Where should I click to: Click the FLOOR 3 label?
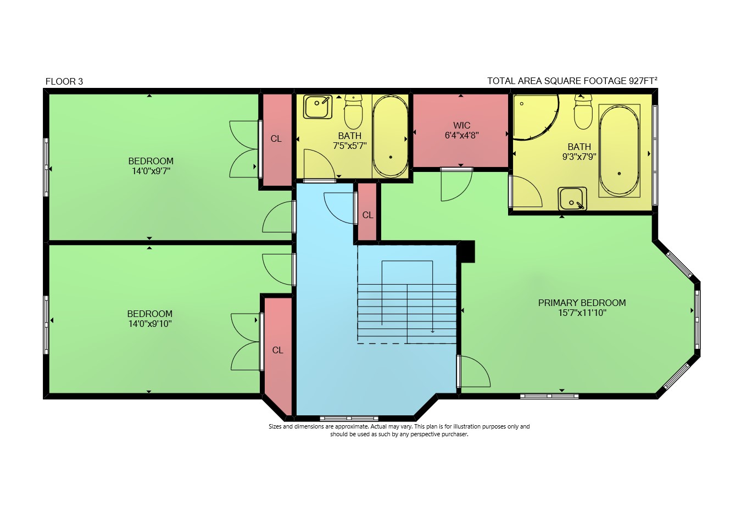[x=64, y=81]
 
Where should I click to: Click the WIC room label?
[x=462, y=125]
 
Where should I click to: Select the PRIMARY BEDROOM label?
[x=582, y=303]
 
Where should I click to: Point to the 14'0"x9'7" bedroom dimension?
[x=151, y=171]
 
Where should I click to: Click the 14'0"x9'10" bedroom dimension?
[x=150, y=324]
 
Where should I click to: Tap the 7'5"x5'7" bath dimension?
[x=350, y=146]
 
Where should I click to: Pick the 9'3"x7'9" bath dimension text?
[x=579, y=157]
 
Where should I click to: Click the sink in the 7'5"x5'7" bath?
[x=317, y=107]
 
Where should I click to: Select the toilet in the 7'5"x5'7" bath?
[x=353, y=112]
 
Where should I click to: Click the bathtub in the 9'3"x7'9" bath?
[x=619, y=151]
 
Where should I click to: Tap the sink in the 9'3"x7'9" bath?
[x=572, y=199]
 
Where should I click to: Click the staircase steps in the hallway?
[x=407, y=314]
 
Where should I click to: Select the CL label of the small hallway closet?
[x=367, y=215]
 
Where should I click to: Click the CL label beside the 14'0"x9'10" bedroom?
[x=277, y=350]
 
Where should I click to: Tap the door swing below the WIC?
[x=456, y=185]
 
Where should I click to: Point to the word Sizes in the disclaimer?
[x=275, y=426]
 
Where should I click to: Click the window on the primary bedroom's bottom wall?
[x=549, y=396]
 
